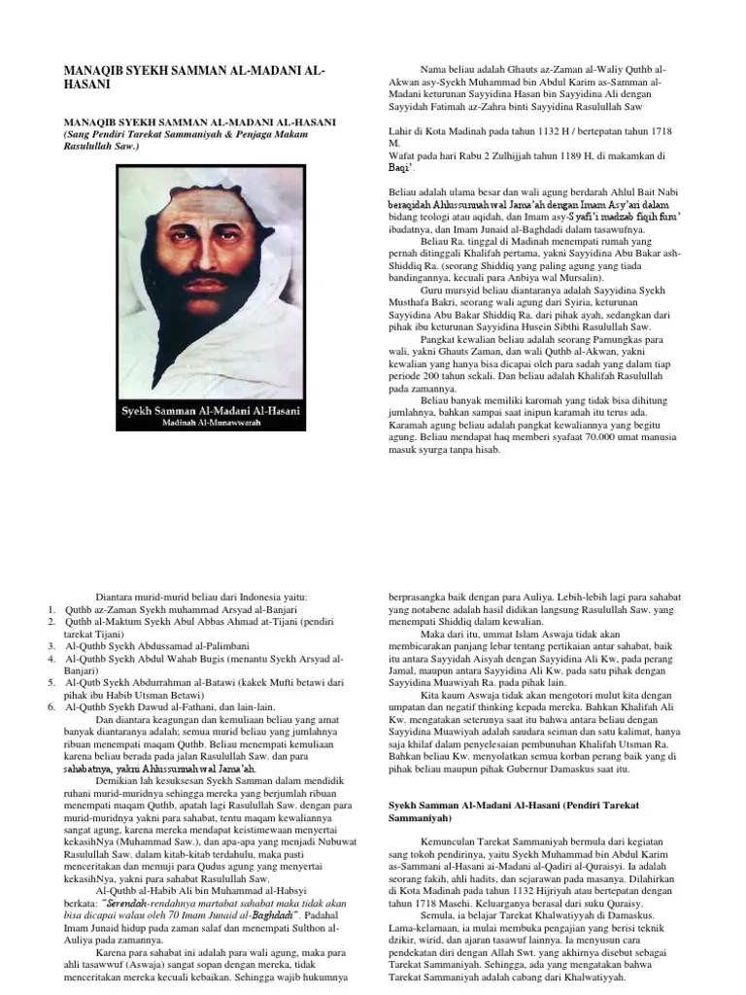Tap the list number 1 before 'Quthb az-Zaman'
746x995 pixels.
50,608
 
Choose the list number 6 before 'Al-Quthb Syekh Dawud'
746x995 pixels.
50,706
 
